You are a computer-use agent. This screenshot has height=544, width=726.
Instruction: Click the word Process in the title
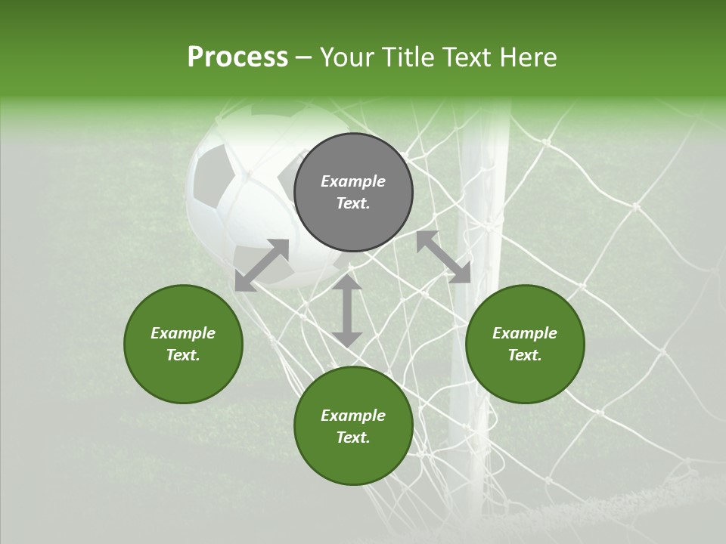[237, 57]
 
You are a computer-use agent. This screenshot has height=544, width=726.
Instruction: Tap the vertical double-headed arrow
[347, 311]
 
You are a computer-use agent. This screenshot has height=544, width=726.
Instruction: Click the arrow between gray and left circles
[262, 265]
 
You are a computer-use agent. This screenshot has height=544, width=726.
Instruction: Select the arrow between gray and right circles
[443, 257]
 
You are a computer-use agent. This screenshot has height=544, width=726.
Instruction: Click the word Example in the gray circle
[353, 181]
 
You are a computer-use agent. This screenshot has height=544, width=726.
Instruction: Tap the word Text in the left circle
[183, 355]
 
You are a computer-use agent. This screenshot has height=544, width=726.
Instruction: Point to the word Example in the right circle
[525, 333]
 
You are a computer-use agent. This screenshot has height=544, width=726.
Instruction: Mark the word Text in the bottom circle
[353, 437]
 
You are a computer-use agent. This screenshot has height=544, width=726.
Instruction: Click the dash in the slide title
[304, 57]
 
